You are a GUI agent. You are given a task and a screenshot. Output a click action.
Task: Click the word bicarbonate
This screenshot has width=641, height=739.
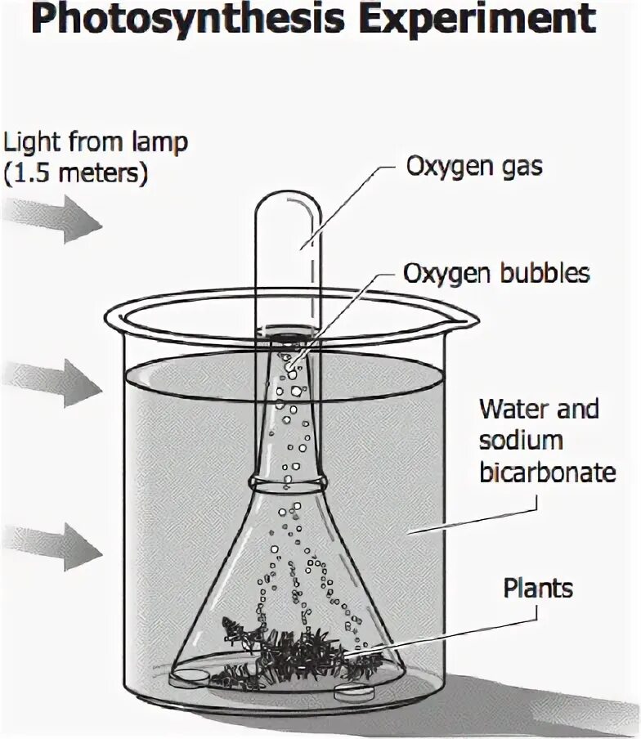547,473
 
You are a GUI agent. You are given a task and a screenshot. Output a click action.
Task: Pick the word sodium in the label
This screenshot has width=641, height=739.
521,441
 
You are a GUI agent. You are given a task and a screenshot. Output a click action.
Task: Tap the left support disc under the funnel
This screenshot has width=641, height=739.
191,676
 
